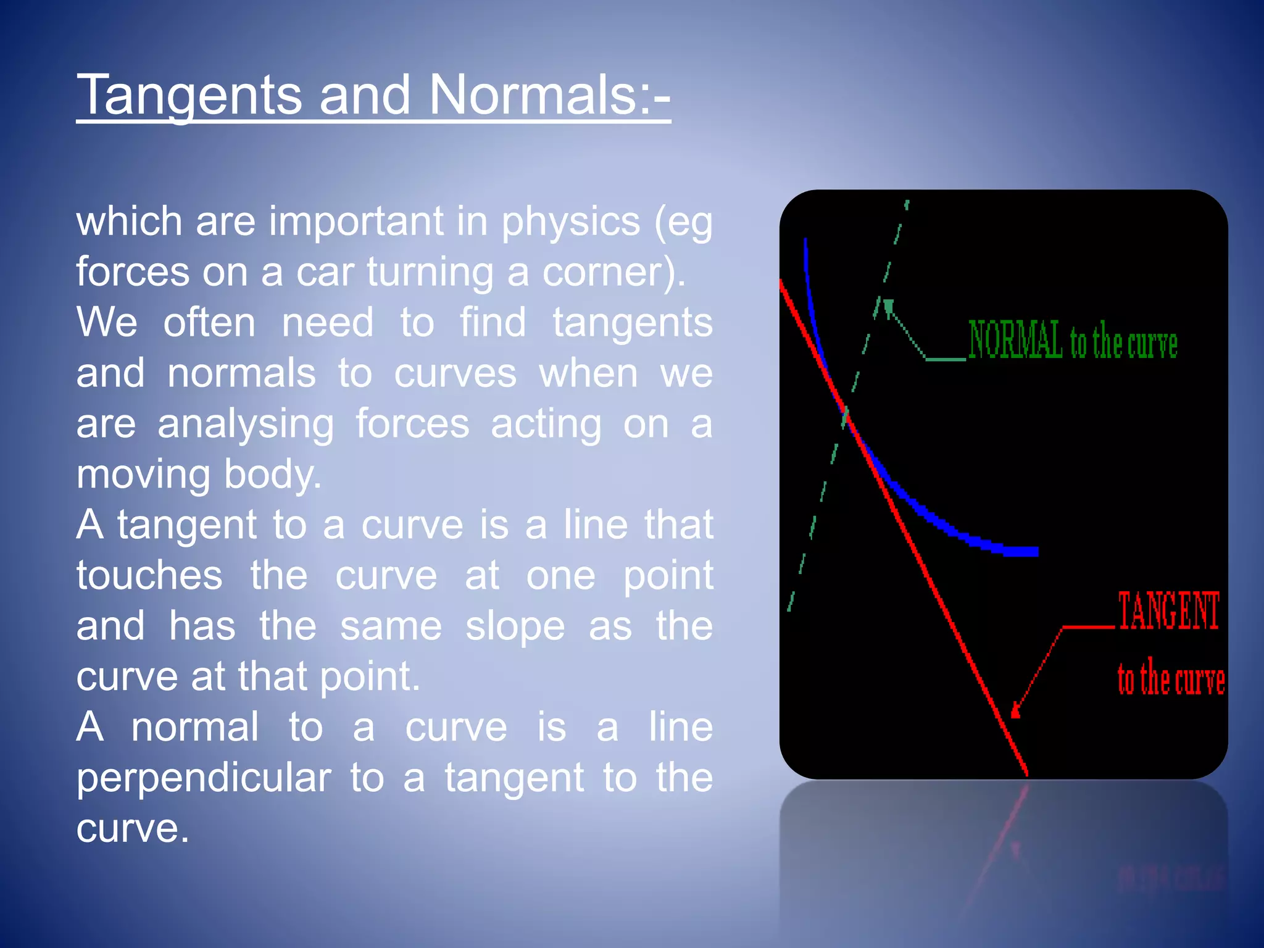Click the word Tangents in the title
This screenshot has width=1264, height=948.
pyautogui.click(x=188, y=96)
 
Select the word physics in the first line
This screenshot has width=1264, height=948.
pyautogui.click(x=570, y=222)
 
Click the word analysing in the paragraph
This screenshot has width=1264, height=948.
pyautogui.click(x=246, y=425)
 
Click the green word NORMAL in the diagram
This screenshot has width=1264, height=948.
pyautogui.click(x=1015, y=340)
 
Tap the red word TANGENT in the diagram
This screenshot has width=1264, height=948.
pyautogui.click(x=1168, y=612)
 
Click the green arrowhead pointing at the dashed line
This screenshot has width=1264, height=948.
pyautogui.click(x=888, y=306)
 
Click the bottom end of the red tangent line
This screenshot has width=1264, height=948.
pyautogui.click(x=1026, y=773)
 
